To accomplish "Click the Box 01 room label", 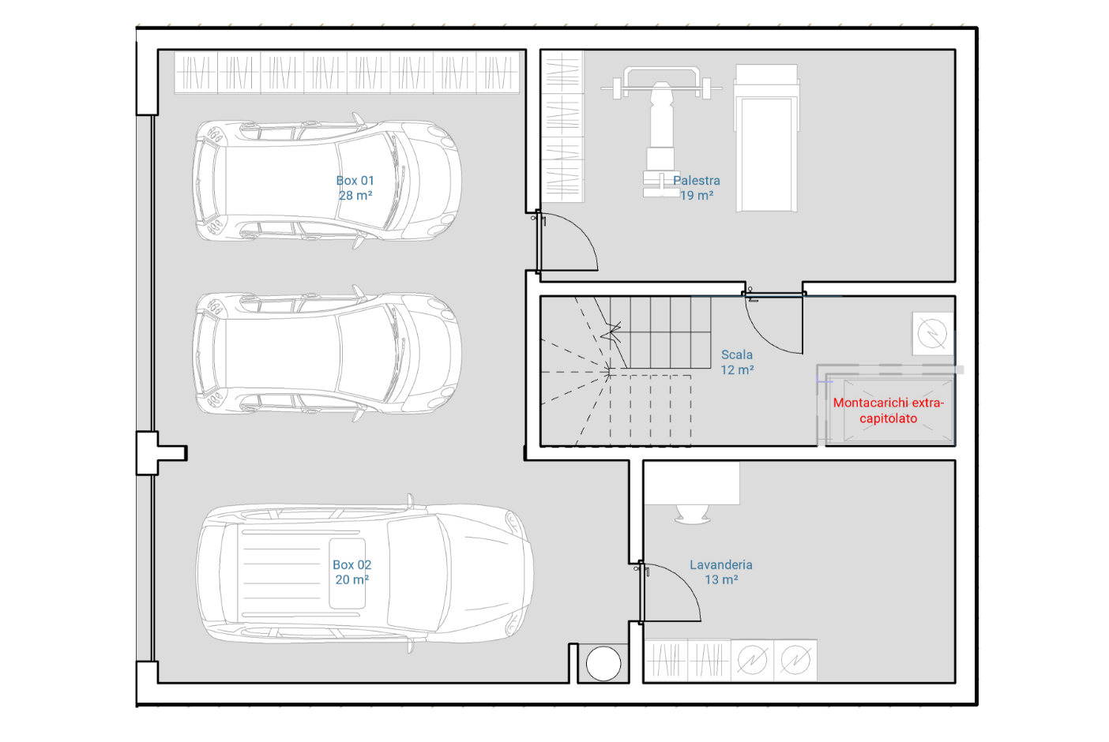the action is coord(355,188).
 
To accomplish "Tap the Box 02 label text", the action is coord(352,571).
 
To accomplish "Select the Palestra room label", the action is coord(697,188).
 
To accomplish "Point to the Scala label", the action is coord(737,362).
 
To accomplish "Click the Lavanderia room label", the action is coord(721,571).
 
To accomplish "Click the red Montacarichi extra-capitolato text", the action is coord(889,410).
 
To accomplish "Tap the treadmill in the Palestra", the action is coord(766,138).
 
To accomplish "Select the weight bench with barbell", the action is coord(661,132).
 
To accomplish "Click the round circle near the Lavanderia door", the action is coord(603,663).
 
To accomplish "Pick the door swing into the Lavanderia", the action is coord(683,579).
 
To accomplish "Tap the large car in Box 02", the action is coord(365,573).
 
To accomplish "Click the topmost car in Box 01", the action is coord(327,181).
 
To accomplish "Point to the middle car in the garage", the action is coord(327,353).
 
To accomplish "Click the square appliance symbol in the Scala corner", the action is coord(933,333).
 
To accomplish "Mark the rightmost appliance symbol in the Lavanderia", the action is coord(795,661).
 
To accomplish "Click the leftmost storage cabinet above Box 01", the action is coord(196,73).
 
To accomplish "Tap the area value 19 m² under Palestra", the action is coord(697,196).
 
